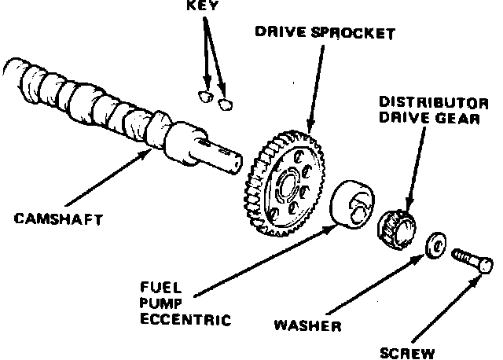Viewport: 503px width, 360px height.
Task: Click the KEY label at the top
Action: pyautogui.click(x=202, y=4)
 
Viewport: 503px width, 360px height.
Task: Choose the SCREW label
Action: pyautogui.click(x=407, y=353)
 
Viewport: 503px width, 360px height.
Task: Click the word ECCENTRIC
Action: pyautogui.click(x=185, y=320)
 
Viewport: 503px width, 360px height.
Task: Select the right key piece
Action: pyautogui.click(x=226, y=101)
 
